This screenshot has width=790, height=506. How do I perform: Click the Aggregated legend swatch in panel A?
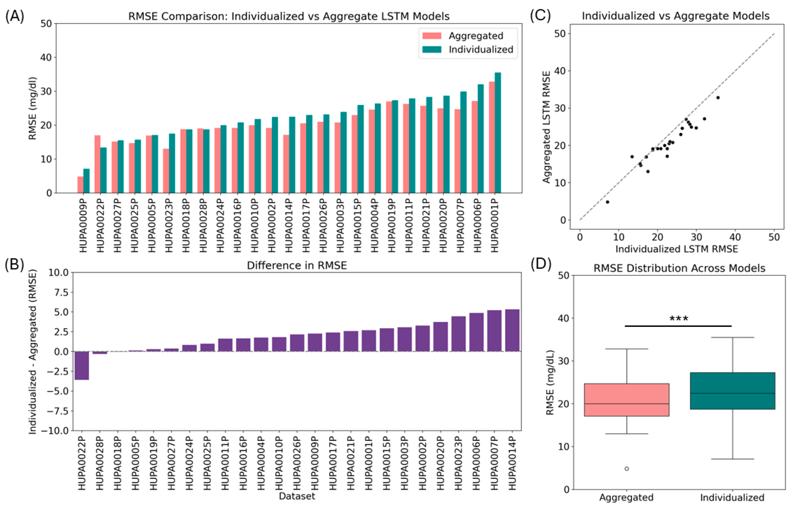pyautogui.click(x=432, y=36)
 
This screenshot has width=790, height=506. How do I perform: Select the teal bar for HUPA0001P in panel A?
pyautogui.click(x=498, y=133)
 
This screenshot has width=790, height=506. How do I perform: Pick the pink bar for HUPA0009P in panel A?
pyautogui.click(x=80, y=185)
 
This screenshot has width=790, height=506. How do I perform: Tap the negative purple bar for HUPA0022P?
pyautogui.click(x=82, y=365)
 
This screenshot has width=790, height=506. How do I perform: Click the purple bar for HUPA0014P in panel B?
pyautogui.click(x=512, y=330)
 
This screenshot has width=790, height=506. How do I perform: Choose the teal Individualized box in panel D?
pyautogui.click(x=733, y=391)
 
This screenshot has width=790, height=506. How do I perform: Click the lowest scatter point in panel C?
pyautogui.click(x=607, y=202)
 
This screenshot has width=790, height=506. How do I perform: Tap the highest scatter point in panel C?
pyautogui.click(x=718, y=98)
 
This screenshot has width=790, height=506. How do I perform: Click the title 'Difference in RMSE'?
pyautogui.click(x=297, y=266)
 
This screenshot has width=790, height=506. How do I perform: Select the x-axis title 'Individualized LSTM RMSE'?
pyautogui.click(x=677, y=249)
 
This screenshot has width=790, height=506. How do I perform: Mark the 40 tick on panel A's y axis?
pyautogui.click(x=46, y=57)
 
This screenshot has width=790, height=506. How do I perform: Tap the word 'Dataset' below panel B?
pyautogui.click(x=297, y=496)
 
